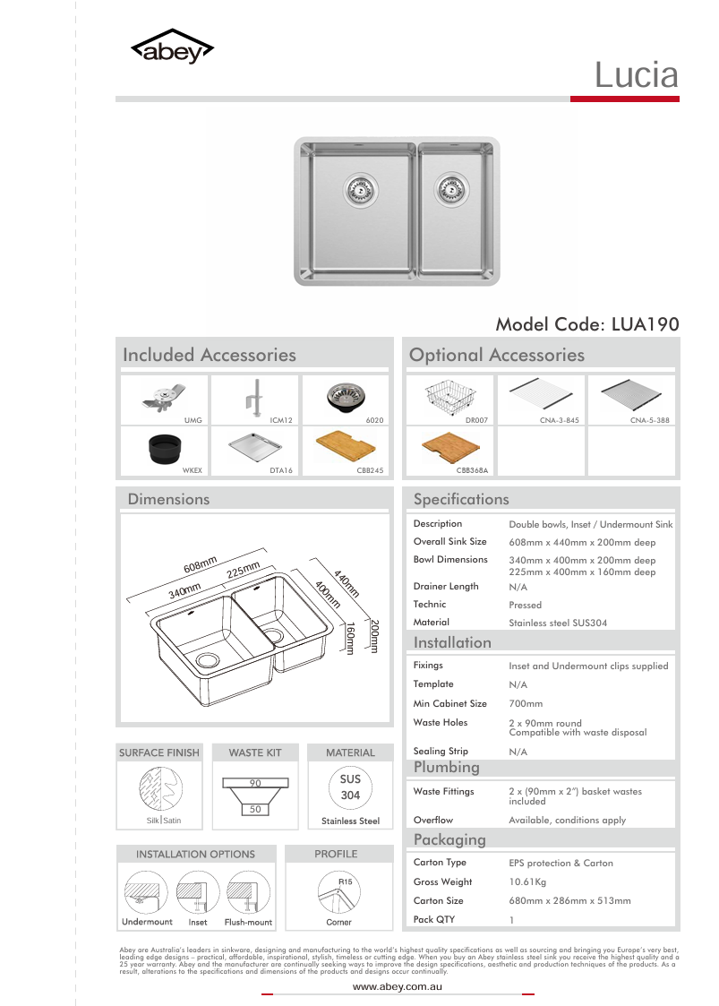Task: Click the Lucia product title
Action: tap(637, 75)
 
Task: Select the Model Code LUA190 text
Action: tap(586, 323)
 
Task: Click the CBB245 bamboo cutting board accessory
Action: tap(346, 445)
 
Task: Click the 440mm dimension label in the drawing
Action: tap(346, 583)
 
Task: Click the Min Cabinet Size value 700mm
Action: tap(526, 704)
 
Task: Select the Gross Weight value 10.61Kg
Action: tap(527, 882)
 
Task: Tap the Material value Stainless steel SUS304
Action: tap(558, 623)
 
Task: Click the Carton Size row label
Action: tap(439, 900)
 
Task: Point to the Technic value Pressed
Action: tap(525, 605)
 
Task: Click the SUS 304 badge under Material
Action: tap(350, 787)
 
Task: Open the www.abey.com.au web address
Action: tap(398, 986)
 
